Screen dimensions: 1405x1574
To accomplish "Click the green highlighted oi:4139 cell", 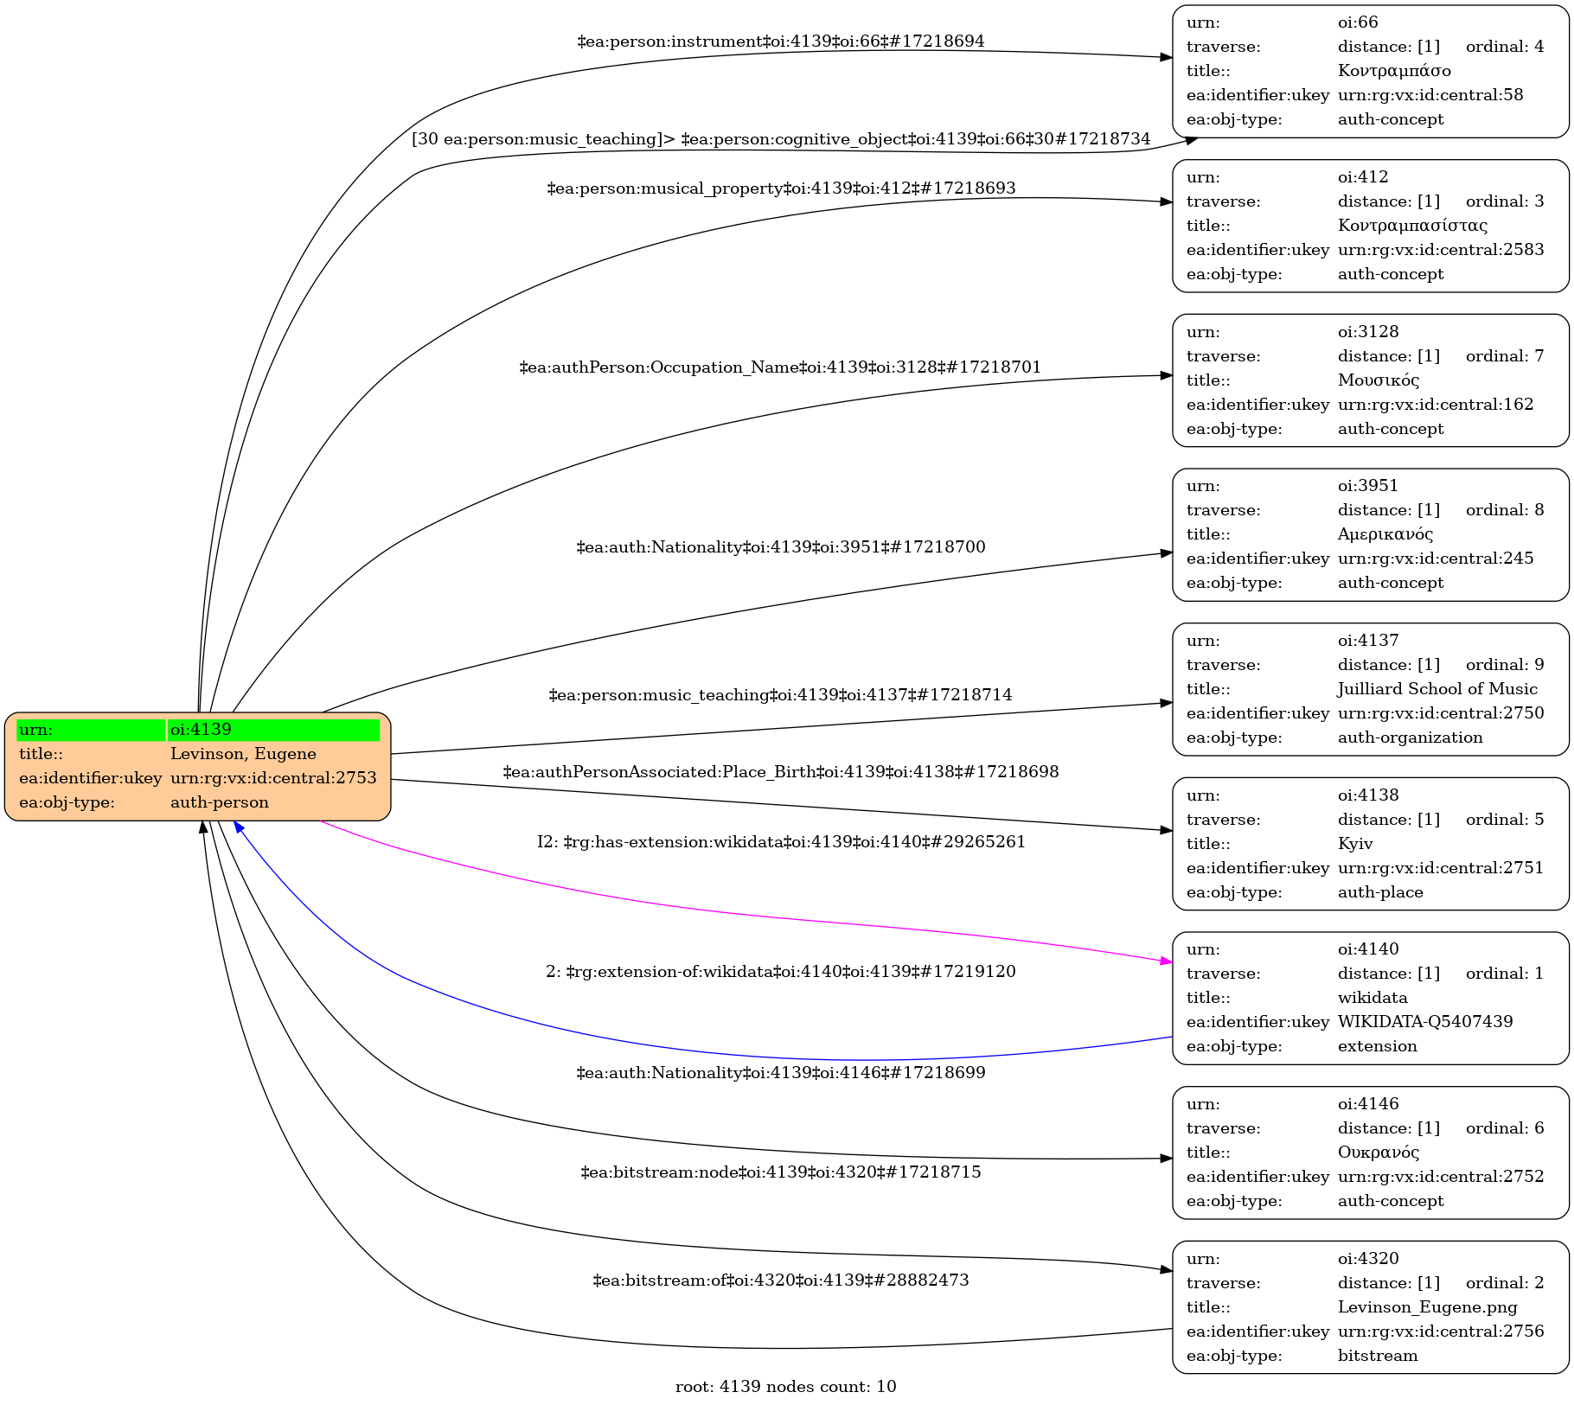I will (x=273, y=730).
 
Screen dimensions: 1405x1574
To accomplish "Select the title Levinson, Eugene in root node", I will (x=243, y=754).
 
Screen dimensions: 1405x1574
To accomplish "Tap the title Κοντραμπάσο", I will (x=1393, y=71).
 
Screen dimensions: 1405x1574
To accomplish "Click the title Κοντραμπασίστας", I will (x=1412, y=226).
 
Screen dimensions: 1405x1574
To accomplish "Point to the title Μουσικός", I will (x=1378, y=380).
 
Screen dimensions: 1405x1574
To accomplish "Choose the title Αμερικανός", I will (x=1385, y=534).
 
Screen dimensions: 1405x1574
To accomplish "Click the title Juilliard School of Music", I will (x=1436, y=689).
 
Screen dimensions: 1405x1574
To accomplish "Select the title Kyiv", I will (x=1355, y=844).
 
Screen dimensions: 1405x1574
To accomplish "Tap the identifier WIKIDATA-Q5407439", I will (x=1424, y=1022).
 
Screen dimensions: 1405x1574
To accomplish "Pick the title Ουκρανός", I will (x=1378, y=1153).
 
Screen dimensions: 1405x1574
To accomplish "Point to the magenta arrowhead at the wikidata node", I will (x=1167, y=961).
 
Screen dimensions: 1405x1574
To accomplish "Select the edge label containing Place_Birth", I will (x=780, y=772).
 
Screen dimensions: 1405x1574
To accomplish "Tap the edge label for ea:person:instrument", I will (x=780, y=42).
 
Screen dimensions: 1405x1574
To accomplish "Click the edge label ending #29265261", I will (x=780, y=842).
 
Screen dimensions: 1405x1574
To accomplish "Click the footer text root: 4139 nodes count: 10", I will (x=785, y=1387).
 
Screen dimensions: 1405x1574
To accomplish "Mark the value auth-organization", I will (x=1410, y=738).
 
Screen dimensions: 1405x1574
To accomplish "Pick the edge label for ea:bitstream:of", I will (x=780, y=1280).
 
